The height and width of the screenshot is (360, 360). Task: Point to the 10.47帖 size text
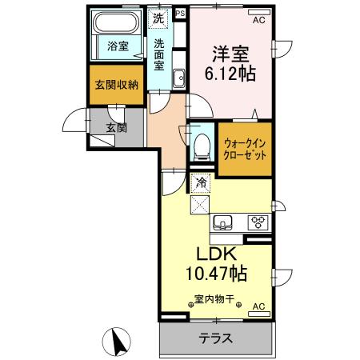pos(216,274)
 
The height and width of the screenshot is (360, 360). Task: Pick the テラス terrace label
pos(215,338)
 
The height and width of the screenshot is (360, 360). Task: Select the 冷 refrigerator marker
pos(202,183)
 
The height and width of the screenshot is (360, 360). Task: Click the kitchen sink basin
pos(222,221)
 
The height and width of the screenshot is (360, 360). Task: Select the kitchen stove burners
pos(258,222)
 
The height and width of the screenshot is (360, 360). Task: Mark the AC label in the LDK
pos(258,306)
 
